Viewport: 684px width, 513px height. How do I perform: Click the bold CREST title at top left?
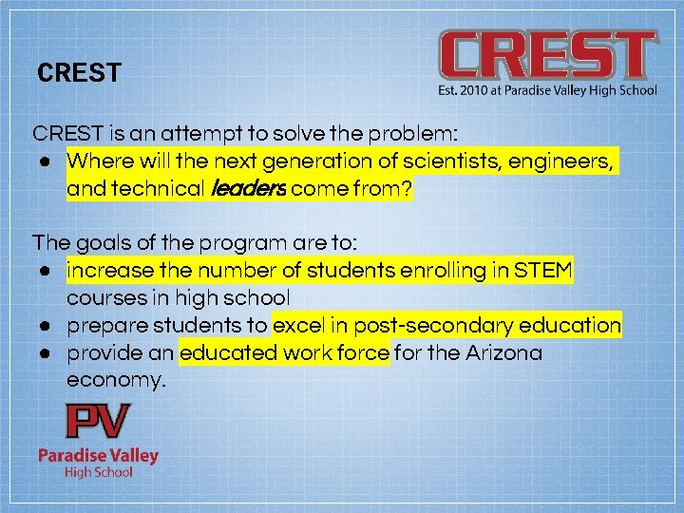(x=79, y=73)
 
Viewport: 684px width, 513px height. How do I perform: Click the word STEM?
(x=544, y=272)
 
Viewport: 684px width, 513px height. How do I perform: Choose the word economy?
(x=115, y=381)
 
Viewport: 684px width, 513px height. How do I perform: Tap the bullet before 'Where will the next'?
(x=45, y=161)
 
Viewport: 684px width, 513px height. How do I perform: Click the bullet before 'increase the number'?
(x=45, y=272)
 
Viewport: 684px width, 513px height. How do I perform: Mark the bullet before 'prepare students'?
(x=45, y=326)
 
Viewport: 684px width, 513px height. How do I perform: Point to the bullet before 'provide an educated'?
(x=45, y=353)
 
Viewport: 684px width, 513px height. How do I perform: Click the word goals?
(x=104, y=243)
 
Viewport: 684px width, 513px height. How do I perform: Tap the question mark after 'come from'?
(x=408, y=190)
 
